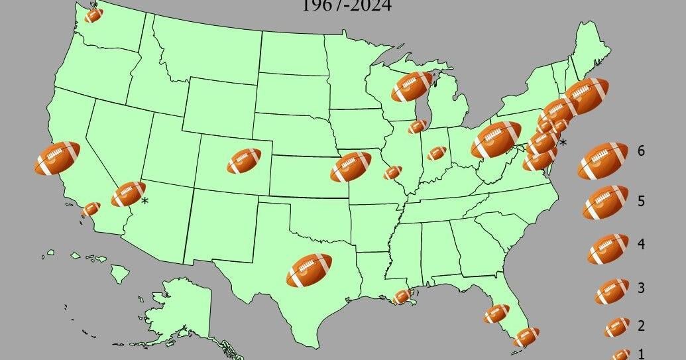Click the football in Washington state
coord(94,14)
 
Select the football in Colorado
coord(244,160)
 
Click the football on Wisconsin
coord(411,87)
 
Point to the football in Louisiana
coord(402,296)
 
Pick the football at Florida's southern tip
coord(526,337)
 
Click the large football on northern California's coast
coord(57,158)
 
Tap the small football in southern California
coord(91,209)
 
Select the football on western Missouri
coord(351,167)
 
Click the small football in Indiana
coord(436,153)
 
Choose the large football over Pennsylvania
coord(496,139)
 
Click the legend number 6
coord(641,151)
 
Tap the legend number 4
coord(641,245)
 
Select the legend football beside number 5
coord(605,202)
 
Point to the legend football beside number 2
coord(616,326)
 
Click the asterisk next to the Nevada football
coord(144,200)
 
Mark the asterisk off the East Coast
coord(563,143)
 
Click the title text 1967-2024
coord(346,7)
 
